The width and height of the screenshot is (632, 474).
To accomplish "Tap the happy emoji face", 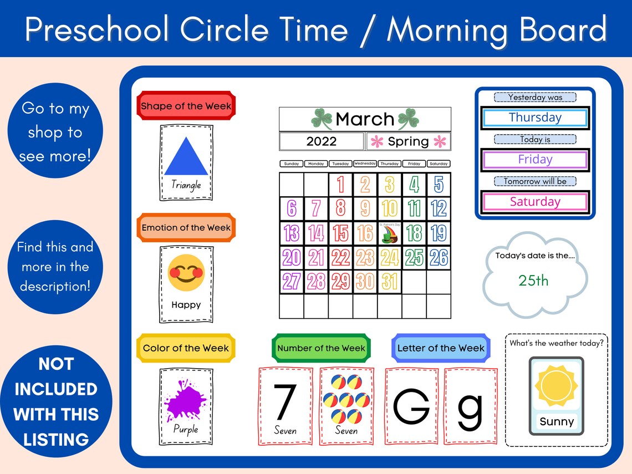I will (x=186, y=273).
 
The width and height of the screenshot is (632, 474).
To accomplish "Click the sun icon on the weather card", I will (x=556, y=385).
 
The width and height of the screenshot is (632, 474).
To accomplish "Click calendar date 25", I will (x=414, y=257).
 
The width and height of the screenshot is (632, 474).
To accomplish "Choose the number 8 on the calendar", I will (x=340, y=208).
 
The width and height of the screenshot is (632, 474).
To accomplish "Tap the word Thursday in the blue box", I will (x=535, y=118).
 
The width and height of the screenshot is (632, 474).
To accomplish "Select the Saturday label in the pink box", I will (x=535, y=202).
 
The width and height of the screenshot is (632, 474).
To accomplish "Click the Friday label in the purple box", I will (x=535, y=160).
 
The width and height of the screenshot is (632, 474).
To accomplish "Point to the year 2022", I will (x=322, y=141).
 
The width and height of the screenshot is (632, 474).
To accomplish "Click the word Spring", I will (x=409, y=141).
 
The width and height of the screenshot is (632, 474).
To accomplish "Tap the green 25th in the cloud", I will (x=533, y=281).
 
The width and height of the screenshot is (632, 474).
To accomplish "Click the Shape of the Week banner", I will (x=186, y=106).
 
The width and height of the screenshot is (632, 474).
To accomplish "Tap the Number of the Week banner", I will (x=321, y=348).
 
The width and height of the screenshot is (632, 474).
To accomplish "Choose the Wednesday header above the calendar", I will (x=365, y=164).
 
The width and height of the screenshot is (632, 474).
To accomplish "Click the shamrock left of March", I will (x=322, y=118).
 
